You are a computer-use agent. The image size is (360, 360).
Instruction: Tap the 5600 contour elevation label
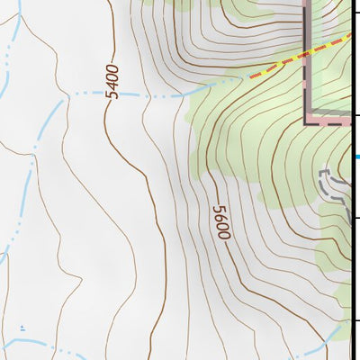[x=221, y=222]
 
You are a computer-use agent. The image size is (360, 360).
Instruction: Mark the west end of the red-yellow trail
[x=250, y=77]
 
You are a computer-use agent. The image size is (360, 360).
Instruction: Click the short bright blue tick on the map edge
[x=357, y=157]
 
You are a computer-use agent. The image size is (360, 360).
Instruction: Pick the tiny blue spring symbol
[x=22, y=329]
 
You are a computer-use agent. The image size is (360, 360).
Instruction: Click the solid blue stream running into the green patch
[x=216, y=84]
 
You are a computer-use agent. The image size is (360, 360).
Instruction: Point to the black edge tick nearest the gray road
[x=357, y=218]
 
